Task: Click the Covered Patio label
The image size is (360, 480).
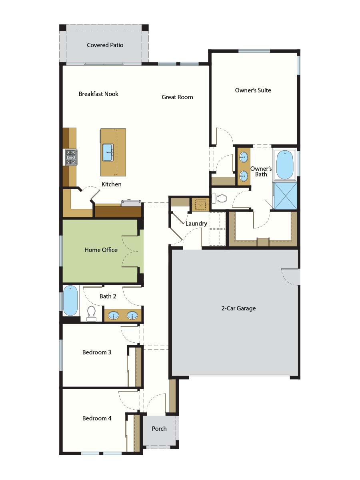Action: [x=105, y=45]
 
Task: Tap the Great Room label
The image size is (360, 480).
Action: [x=177, y=97]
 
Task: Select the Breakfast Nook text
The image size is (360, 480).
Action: [x=98, y=94]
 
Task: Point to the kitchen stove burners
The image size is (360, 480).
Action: [x=71, y=158]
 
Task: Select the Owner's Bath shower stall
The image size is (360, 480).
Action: [x=285, y=196]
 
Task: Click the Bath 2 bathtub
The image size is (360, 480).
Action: [x=70, y=300]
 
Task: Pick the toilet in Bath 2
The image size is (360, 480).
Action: [x=91, y=313]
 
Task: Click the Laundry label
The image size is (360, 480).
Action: [x=196, y=224]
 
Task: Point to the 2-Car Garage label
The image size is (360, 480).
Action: [x=238, y=308]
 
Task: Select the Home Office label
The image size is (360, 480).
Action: [x=101, y=250]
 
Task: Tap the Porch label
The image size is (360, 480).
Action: [x=159, y=428]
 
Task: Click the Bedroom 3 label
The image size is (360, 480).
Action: [x=97, y=352]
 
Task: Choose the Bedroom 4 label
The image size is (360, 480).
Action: [x=97, y=418]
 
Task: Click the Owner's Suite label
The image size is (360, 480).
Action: [x=253, y=90]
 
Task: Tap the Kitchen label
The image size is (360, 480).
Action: [x=112, y=184]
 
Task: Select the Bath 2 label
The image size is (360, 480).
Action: [x=108, y=296]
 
